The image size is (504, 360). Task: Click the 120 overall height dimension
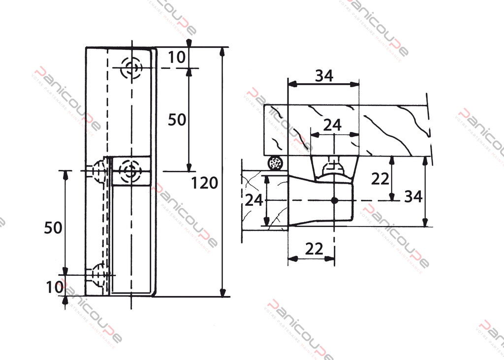point(204,183)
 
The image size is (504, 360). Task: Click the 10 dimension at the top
point(177,57)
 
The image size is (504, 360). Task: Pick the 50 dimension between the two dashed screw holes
point(177,119)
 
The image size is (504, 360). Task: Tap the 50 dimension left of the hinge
point(53,228)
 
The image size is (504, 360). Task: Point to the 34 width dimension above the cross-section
point(324,75)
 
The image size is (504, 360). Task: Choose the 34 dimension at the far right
point(413,196)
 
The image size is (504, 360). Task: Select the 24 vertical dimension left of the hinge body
point(254,199)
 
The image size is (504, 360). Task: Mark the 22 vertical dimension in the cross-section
point(380,179)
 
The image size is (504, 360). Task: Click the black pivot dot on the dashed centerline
point(334,200)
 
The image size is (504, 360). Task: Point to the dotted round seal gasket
point(276,163)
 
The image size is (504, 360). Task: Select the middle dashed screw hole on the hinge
point(130,171)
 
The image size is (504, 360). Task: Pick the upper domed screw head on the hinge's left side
point(99,171)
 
